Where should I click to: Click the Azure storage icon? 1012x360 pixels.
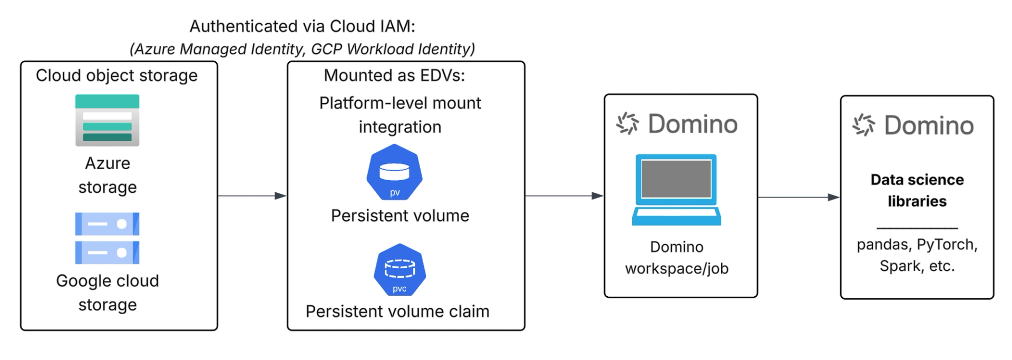107,120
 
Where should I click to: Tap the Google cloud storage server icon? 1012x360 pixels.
107,238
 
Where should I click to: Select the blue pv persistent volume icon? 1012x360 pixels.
394,172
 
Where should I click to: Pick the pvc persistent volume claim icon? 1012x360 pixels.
400,270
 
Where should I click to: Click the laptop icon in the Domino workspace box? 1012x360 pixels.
676,190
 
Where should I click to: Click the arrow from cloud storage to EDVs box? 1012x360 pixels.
252,196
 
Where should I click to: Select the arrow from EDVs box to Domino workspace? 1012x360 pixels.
564,196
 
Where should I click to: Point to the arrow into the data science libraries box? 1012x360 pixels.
799,198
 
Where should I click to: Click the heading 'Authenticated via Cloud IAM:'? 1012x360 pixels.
302,26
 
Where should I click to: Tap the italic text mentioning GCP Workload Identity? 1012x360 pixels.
302,49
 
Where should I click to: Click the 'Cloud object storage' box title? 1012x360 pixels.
116,75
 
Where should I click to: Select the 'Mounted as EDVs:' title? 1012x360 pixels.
394,75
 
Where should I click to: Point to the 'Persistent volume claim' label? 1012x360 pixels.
397,312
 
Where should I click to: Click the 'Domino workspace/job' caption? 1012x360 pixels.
677,258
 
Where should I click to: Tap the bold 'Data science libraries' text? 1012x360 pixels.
917,190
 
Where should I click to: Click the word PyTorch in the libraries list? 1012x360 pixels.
947,245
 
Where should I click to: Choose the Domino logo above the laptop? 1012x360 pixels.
677,124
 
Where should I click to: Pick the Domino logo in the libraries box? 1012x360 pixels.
913,125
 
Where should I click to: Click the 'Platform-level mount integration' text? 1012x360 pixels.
400,115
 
